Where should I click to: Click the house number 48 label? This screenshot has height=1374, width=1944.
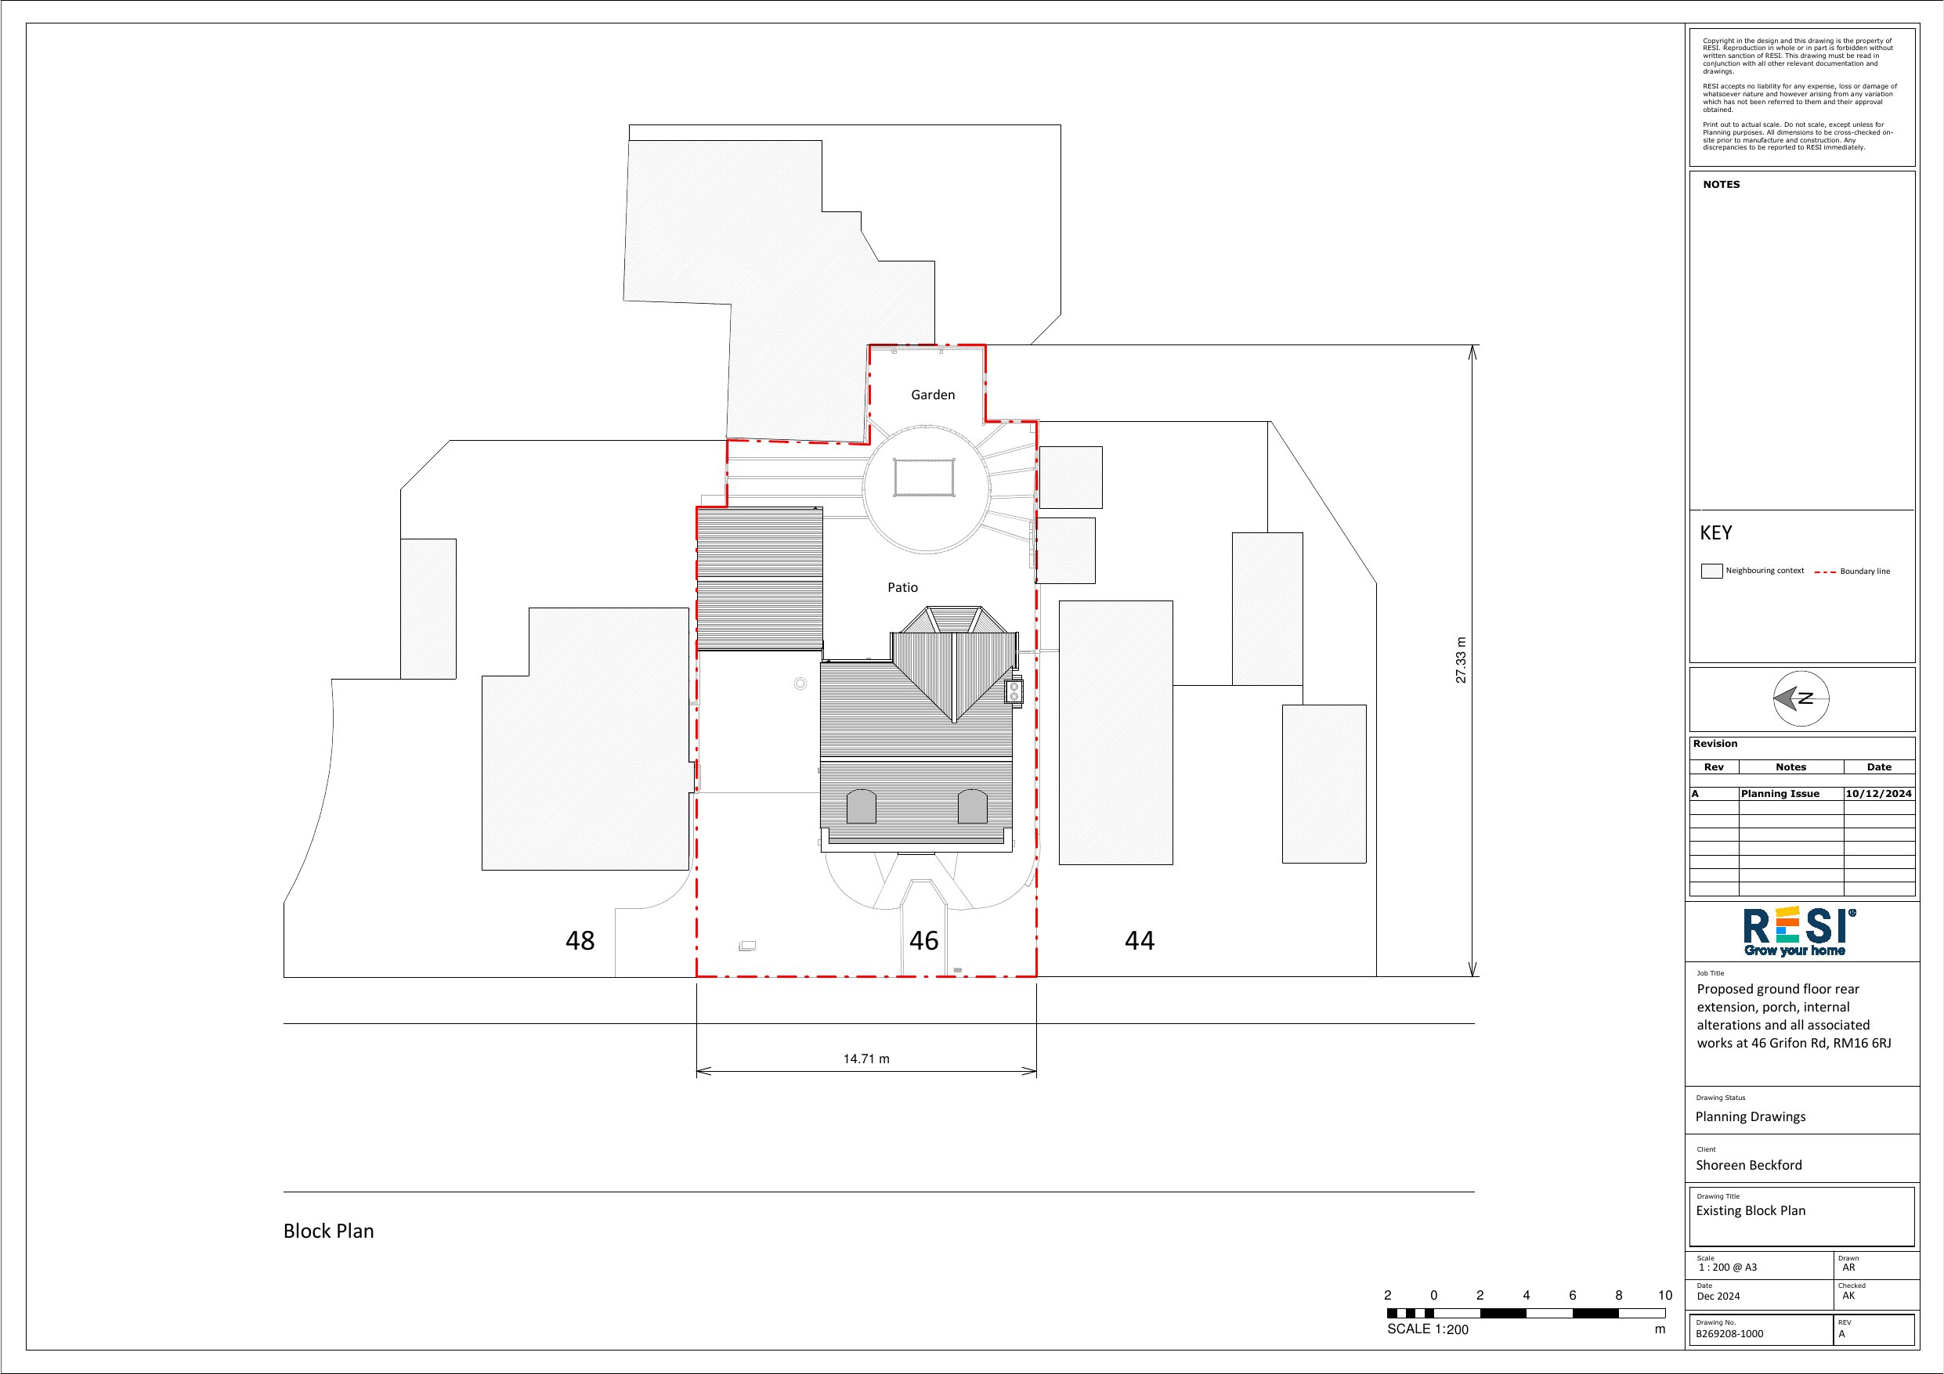[x=580, y=940]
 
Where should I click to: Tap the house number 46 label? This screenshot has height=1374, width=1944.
[x=923, y=940]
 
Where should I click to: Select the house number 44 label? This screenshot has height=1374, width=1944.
[x=1140, y=940]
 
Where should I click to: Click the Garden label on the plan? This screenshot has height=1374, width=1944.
[x=933, y=395]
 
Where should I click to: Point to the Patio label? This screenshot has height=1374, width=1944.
[x=902, y=587]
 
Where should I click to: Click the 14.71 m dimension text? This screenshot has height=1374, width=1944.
[x=866, y=1059]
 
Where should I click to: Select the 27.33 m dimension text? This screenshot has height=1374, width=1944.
[x=1462, y=660]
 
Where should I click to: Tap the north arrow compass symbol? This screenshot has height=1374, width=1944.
[x=1801, y=698]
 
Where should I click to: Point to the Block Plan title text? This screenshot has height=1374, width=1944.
[x=328, y=1231]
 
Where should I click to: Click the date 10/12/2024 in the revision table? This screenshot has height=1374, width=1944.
[x=1879, y=794]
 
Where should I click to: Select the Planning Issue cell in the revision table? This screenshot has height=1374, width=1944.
[x=1780, y=794]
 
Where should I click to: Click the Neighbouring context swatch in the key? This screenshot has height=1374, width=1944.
[x=1712, y=571]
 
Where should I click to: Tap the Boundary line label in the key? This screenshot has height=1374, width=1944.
[x=1865, y=572]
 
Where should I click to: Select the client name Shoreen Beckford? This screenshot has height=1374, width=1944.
[x=1749, y=1166]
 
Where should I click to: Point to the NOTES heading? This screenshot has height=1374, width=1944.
[x=1722, y=185]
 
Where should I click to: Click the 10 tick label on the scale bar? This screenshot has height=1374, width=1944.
[x=1665, y=1295]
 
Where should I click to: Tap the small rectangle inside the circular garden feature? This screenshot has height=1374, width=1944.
[x=924, y=478]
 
